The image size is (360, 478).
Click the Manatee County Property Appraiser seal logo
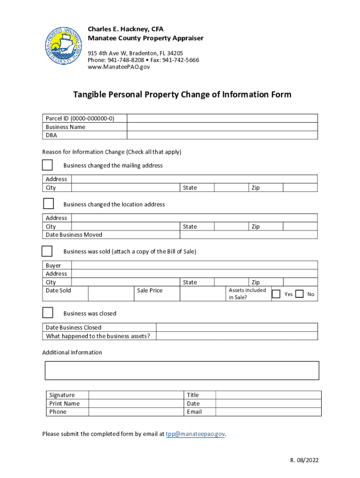pyautogui.click(x=64, y=46)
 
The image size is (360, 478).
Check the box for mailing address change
pyautogui.click(x=47, y=165)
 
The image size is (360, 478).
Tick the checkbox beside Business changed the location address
pyautogui.click(x=49, y=204)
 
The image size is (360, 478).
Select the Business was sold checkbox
pyautogui.click(x=47, y=251)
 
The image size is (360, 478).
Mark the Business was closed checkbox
pyautogui.click(x=48, y=312)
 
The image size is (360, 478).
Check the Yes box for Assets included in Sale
pyautogui.click(x=276, y=294)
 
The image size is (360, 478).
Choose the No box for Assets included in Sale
pyautogui.click(x=299, y=294)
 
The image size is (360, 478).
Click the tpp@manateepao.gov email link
pyautogui.click(x=195, y=434)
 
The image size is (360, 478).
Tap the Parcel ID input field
pyautogui.click(x=222, y=119)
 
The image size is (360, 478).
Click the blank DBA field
pyautogui.click(x=222, y=135)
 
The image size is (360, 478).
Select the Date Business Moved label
pyautogui.click(x=74, y=235)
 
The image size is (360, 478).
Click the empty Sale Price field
pyautogui.click(x=201, y=294)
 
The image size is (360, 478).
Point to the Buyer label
pyautogui.click(x=53, y=266)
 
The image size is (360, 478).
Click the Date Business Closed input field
pyautogui.click(x=237, y=328)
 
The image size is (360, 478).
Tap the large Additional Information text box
pyautogui.click(x=182, y=370)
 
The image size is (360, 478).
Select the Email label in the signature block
pyautogui.click(x=194, y=412)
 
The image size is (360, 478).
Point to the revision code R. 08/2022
pyautogui.click(x=304, y=460)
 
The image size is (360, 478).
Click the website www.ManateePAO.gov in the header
pyautogui.click(x=119, y=67)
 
